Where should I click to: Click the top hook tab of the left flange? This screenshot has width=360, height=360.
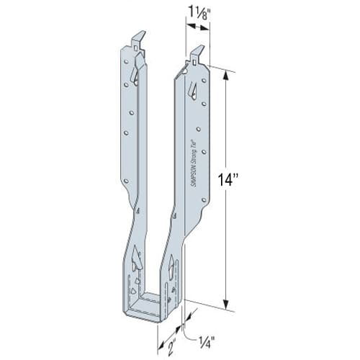(138, 40)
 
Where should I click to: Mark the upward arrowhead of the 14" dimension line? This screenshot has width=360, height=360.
(228, 75)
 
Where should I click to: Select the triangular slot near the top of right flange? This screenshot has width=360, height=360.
(192, 89)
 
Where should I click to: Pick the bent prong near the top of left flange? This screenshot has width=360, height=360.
(135, 71)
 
